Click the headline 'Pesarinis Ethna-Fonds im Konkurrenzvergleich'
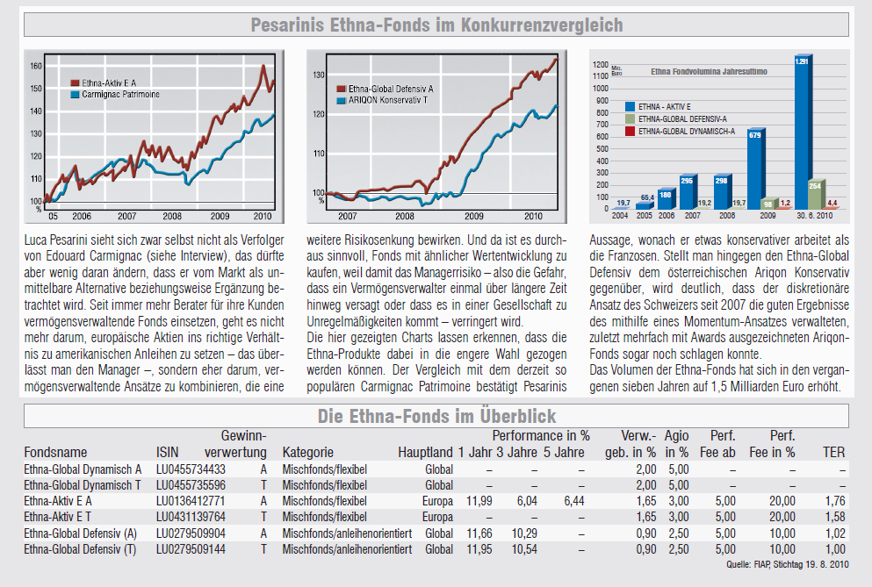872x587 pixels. (436, 25)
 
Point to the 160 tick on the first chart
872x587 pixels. (35, 66)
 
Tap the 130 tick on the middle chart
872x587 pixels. (320, 75)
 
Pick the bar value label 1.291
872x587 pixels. (801, 61)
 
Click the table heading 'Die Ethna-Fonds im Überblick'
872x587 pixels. (436, 415)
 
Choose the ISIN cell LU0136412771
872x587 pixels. (191, 500)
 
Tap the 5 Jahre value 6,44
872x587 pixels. (573, 500)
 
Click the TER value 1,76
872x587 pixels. (834, 500)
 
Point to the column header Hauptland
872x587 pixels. (425, 453)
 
